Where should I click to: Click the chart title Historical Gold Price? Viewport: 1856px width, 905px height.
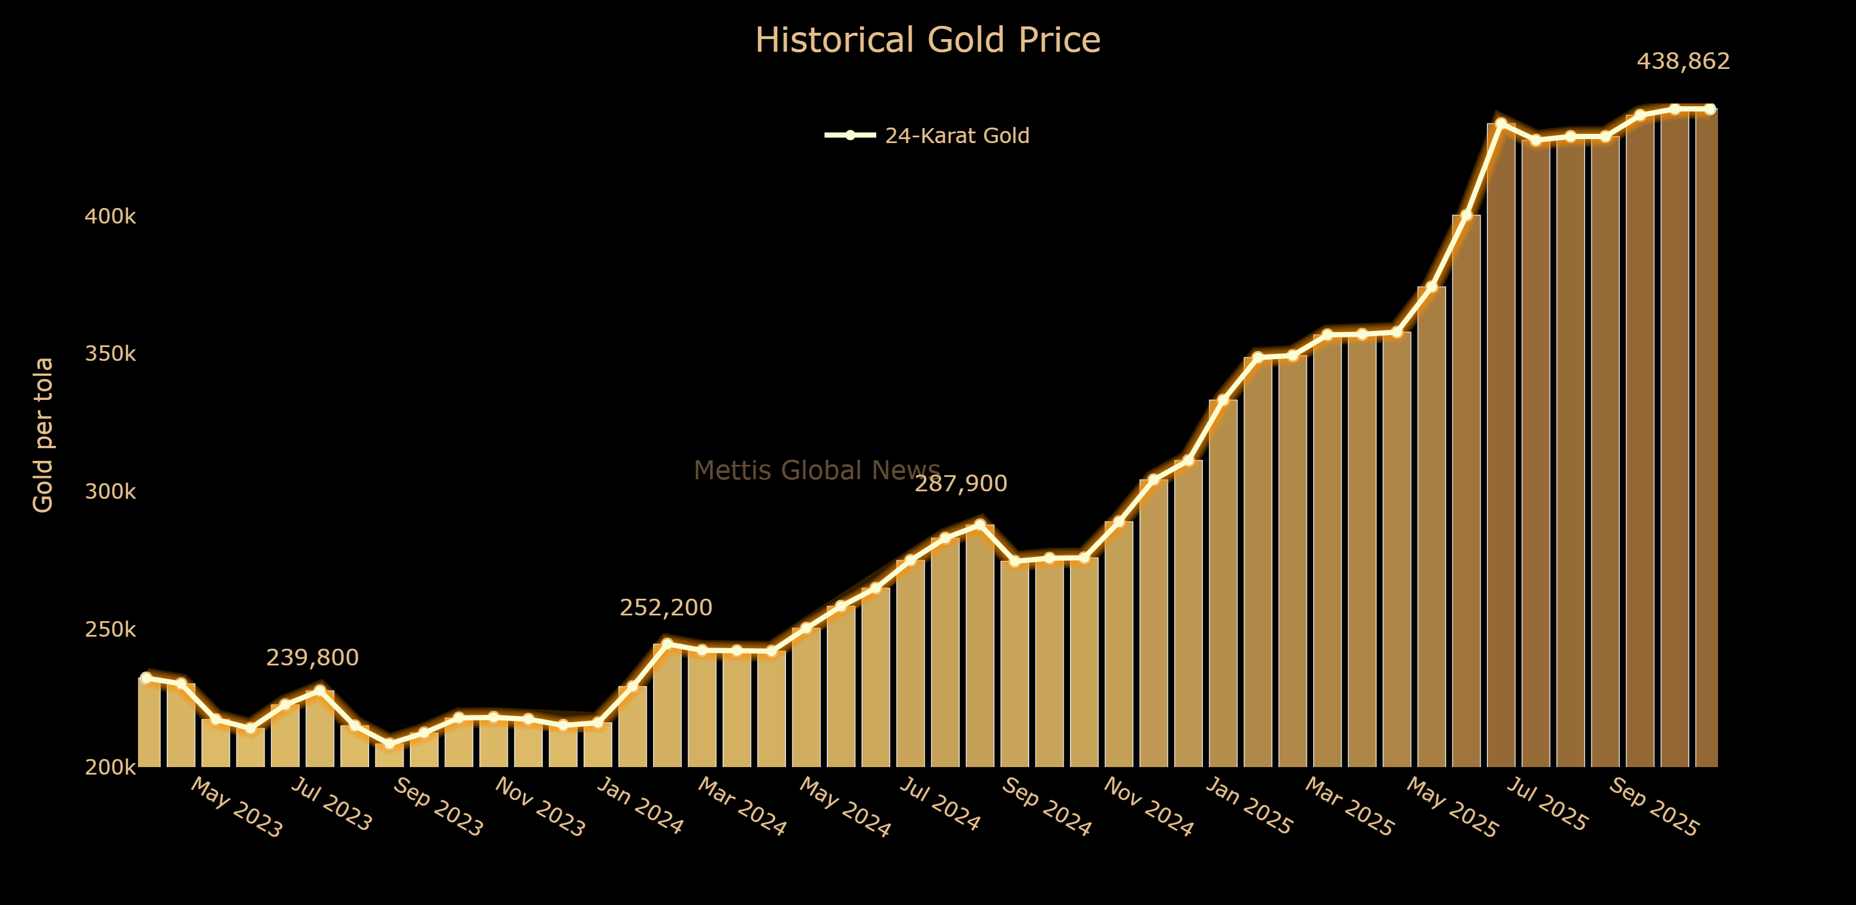[x=927, y=40]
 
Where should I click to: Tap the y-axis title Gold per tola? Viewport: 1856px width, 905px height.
[x=43, y=435]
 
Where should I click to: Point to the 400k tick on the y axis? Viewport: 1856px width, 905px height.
[x=110, y=216]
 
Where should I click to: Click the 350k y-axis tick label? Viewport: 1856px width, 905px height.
[x=110, y=353]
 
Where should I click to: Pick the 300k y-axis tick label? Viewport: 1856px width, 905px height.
[x=110, y=492]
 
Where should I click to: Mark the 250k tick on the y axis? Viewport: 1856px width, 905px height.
[x=110, y=629]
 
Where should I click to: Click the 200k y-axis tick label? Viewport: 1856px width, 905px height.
[x=110, y=767]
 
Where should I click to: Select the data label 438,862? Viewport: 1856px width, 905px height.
[x=1683, y=61]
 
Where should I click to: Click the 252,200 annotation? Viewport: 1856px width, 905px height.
[x=666, y=608]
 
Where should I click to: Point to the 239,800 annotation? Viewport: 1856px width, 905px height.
[x=312, y=657]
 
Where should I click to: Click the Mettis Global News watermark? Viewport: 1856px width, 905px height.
[x=816, y=470]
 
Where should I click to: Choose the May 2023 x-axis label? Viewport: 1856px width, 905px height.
[x=236, y=808]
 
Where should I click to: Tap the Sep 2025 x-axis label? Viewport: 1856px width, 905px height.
[x=1653, y=808]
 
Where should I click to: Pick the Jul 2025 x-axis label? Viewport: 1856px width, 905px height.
[x=1546, y=805]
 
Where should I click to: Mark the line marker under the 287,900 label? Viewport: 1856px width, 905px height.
[x=980, y=524]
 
